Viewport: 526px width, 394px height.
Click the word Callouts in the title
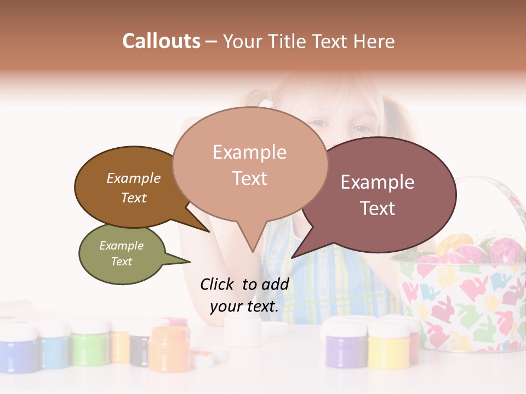click(x=161, y=41)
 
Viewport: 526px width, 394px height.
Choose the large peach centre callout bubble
click(x=249, y=164)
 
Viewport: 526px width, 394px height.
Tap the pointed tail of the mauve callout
click(x=299, y=253)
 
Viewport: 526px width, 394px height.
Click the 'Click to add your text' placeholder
click(x=244, y=295)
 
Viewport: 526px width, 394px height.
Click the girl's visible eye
click(x=361, y=129)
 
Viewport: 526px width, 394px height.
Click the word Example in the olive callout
click(x=122, y=246)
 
